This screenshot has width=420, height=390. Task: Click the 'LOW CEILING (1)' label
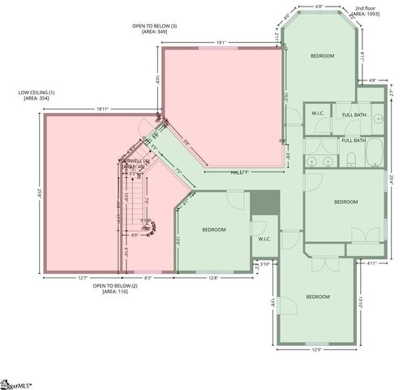pos(36,93)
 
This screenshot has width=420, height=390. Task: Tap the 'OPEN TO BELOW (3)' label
pos(154,26)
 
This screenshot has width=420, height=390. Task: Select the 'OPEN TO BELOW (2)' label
pos(114,286)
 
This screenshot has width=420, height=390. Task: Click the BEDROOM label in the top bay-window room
pos(322,55)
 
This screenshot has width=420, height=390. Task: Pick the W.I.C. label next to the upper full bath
pos(318,113)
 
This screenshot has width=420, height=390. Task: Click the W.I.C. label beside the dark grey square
pos(265,239)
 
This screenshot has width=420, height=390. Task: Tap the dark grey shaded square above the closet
pos(264,204)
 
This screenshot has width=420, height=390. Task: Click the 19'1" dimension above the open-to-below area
pos(221,42)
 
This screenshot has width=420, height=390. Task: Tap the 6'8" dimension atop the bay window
pos(320,7)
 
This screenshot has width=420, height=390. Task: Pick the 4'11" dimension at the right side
pos(372,263)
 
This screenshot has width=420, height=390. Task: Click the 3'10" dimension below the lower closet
pos(264,263)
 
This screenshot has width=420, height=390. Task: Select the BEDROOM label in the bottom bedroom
pos(318,297)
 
